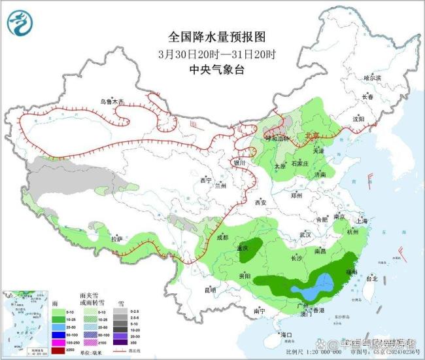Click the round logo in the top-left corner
pyautogui.click(x=22, y=24)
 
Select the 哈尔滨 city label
pyautogui.click(x=372, y=77)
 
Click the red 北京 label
pyautogui.click(x=311, y=136)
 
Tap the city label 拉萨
pyautogui.click(x=117, y=239)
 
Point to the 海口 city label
pyautogui.click(x=286, y=334)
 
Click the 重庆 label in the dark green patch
pyautogui.click(x=243, y=249)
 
